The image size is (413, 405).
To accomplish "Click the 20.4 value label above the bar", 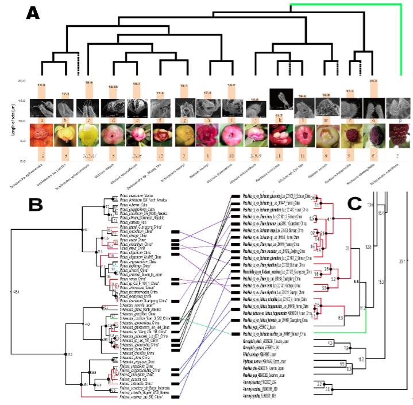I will (373, 82).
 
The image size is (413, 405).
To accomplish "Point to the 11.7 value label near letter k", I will (279, 115).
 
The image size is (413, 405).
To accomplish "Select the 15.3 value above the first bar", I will (41, 85).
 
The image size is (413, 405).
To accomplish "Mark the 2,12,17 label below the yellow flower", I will (90, 155).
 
